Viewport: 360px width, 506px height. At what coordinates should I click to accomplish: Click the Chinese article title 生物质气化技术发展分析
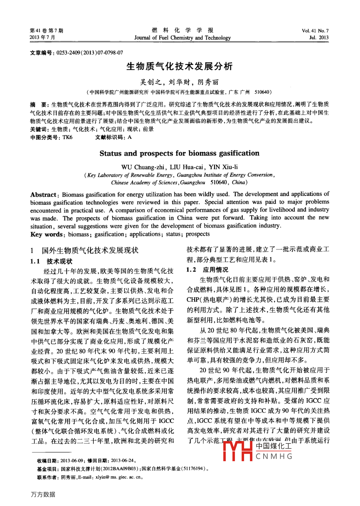[179, 66]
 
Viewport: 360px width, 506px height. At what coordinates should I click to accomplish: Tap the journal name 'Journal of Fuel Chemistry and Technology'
[182, 38]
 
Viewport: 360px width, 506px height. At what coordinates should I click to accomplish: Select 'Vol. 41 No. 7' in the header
[315, 31]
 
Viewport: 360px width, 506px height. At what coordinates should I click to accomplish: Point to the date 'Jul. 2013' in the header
[319, 38]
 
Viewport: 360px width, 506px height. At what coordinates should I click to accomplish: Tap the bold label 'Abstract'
[43, 195]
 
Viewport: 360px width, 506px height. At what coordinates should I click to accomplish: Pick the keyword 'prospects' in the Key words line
[198, 234]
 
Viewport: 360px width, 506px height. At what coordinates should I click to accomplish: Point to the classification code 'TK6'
[67, 137]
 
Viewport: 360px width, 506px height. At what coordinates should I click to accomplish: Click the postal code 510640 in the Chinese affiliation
[262, 92]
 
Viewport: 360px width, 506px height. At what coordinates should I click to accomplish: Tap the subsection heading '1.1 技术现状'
[51, 262]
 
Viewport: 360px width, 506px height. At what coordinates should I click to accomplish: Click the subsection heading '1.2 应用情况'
[207, 270]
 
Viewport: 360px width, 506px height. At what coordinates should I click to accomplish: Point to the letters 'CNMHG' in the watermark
[274, 456]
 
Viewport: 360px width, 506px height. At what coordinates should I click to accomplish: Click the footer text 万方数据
[43, 494]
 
